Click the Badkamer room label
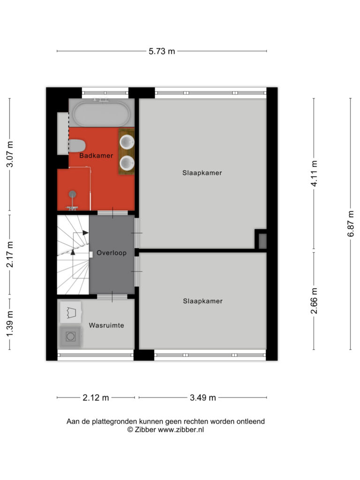96,156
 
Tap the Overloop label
112,253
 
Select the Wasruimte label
106,325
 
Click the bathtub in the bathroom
101,113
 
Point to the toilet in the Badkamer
76,146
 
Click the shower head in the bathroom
73,194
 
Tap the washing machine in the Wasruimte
70,337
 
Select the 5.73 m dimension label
162,51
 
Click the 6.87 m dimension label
351,224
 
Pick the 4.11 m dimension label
314,173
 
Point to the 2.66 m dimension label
314,301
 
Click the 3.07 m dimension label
10,154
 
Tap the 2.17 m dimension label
10,255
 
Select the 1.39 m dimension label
10,323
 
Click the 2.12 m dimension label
96,397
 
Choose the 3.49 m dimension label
203,397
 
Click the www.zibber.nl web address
180,429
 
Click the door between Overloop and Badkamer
112,213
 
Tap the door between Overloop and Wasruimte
112,297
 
